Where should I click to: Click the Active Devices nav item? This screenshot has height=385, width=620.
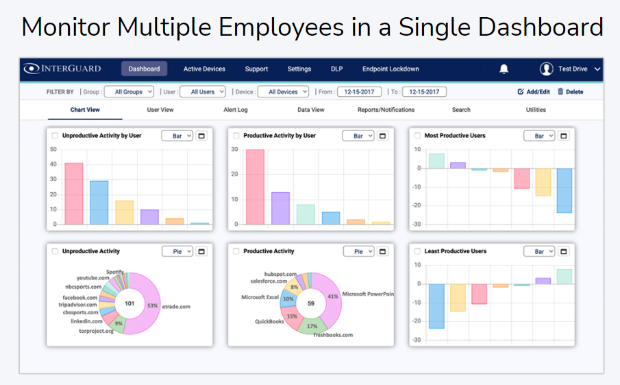(x=204, y=69)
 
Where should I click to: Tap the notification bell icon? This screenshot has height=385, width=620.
(x=504, y=69)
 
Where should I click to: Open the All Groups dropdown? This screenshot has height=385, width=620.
(x=129, y=91)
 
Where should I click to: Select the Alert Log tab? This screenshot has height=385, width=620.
(x=236, y=110)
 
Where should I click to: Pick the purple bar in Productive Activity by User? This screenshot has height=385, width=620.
(x=281, y=208)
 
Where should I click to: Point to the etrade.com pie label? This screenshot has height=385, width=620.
(x=177, y=306)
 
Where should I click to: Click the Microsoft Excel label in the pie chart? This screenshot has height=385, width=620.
(x=261, y=297)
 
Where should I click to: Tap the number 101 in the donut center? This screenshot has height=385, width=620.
(x=129, y=303)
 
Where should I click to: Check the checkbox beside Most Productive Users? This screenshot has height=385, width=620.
(x=418, y=136)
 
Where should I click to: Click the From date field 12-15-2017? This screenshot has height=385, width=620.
(x=359, y=91)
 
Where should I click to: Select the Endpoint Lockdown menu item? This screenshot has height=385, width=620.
(x=390, y=69)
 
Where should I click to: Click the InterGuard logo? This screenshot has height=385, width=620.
(x=62, y=69)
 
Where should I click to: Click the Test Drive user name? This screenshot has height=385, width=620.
(x=573, y=69)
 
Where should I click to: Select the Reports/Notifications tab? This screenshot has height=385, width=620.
(x=386, y=110)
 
